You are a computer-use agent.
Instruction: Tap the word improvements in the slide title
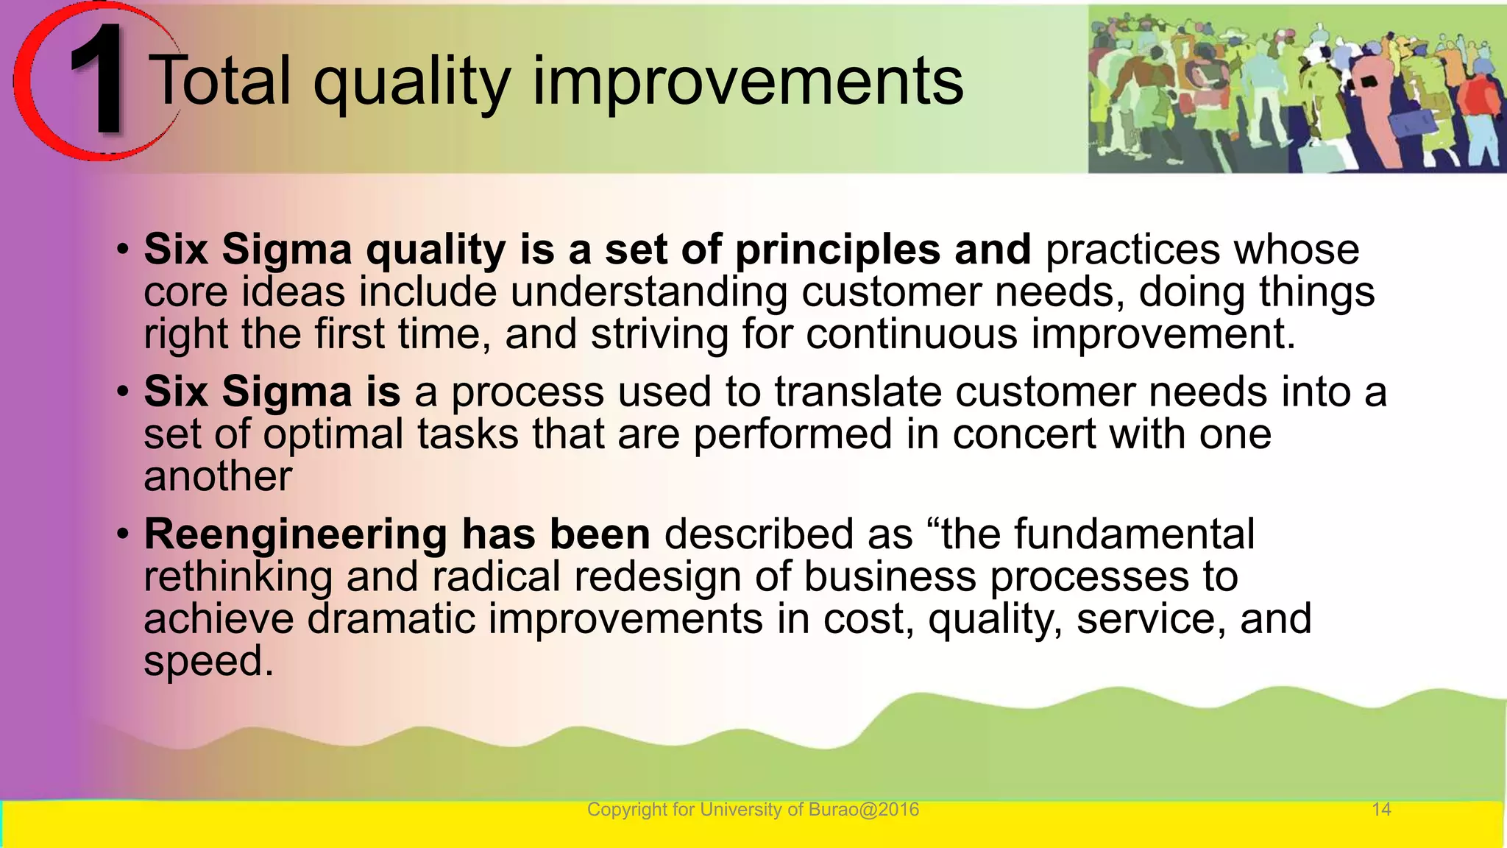point(747,82)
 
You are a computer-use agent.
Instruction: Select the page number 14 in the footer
point(1381,810)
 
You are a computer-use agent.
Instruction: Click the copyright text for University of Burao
point(753,810)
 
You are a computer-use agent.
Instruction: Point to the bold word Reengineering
point(295,535)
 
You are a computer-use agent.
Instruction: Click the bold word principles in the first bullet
point(837,250)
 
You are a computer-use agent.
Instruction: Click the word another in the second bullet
point(218,476)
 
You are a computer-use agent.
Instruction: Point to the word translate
point(857,392)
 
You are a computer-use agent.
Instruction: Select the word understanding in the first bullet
point(650,292)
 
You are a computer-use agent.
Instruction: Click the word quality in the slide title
point(412,82)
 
